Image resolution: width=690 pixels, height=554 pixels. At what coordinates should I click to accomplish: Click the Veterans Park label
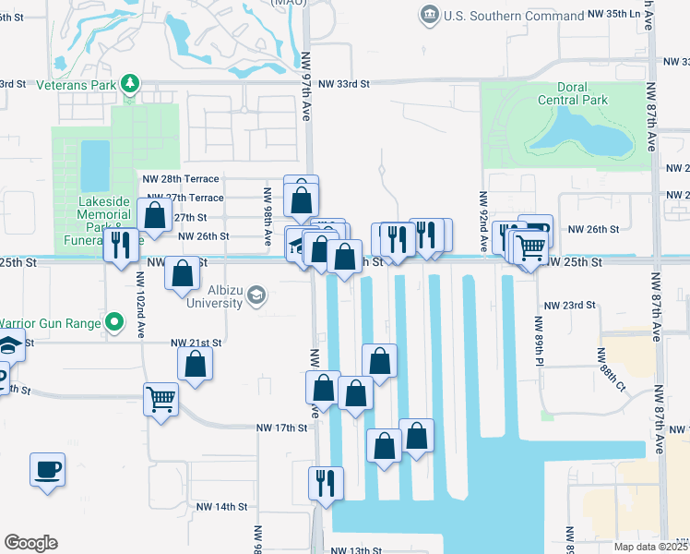61,83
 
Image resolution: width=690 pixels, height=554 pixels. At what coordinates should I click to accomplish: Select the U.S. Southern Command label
513,16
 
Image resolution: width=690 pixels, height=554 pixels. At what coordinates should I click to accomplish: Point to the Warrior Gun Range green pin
114,323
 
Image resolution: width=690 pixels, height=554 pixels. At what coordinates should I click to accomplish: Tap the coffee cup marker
47,469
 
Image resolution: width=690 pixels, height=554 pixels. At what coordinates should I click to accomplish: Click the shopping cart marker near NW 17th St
161,399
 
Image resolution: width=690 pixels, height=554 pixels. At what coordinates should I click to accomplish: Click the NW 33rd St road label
343,83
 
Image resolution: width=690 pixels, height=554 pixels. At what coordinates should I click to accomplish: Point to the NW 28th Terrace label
180,178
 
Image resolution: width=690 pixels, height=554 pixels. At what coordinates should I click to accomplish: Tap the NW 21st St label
196,343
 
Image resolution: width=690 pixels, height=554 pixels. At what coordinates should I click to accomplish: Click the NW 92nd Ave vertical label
482,213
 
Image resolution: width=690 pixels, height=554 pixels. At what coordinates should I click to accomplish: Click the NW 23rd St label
565,305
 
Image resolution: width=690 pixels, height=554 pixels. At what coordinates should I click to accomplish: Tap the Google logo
30,543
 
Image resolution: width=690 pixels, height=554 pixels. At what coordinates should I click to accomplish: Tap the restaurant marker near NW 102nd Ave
121,246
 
